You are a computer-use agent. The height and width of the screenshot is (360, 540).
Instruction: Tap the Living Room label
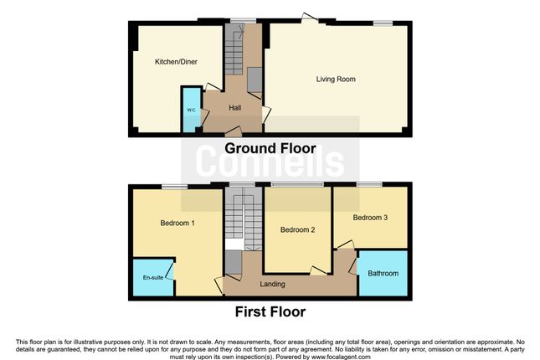[x=336, y=80]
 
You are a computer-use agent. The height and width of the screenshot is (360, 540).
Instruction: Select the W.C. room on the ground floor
[x=191, y=110]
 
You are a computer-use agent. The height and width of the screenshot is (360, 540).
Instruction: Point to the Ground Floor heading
[x=270, y=149]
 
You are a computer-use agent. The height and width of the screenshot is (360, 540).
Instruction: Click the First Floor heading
[x=270, y=311]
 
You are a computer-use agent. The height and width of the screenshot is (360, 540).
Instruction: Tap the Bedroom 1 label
[x=177, y=224]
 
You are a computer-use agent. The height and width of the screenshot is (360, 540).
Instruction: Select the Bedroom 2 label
[x=297, y=230]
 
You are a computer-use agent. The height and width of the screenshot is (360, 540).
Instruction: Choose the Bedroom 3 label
[x=369, y=218]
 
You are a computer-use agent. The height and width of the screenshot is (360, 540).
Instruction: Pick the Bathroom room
[x=383, y=273]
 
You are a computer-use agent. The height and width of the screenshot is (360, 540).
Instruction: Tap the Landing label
[x=273, y=284]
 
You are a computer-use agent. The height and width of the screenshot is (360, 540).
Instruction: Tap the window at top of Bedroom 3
[x=369, y=183]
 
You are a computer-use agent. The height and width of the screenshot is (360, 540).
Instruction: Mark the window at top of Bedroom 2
[x=296, y=183]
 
